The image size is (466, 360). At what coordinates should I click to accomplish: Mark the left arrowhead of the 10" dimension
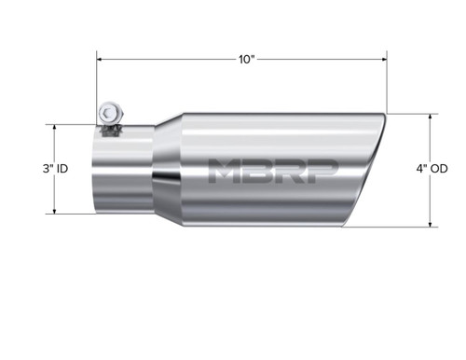pyautogui.click(x=101, y=59)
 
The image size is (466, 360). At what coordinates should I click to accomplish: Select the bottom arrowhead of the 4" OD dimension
pyautogui.click(x=430, y=225)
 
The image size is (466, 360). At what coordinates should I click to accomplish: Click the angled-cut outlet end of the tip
pyautogui.click(x=368, y=173)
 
